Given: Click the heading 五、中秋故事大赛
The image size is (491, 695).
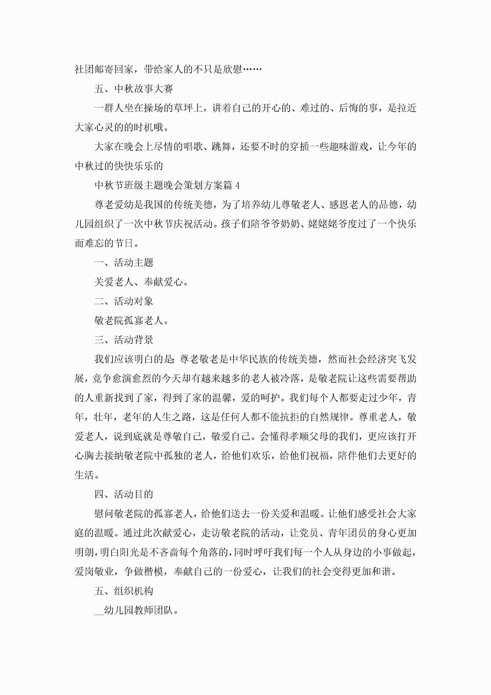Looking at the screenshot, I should (x=133, y=89).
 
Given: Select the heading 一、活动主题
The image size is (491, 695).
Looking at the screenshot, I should (x=124, y=263).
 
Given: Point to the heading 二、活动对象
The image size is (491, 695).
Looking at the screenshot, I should (x=124, y=301).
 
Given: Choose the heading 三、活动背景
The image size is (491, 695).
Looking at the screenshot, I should (x=124, y=340).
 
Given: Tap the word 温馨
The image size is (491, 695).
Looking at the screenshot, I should (x=222, y=398).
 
